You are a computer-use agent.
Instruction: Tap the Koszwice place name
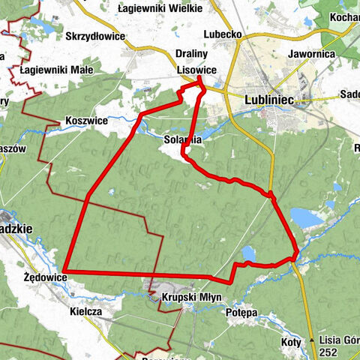coord(86,120)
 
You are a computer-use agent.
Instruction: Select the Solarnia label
coord(183,139)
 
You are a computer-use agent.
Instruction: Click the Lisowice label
coord(197,69)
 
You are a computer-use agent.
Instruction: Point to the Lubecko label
coord(223,34)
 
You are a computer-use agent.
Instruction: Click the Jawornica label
coord(308,54)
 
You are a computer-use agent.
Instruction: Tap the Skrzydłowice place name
coord(94,35)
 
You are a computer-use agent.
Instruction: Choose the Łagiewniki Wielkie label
coord(160,8)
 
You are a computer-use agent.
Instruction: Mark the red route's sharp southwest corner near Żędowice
coord(64,270)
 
